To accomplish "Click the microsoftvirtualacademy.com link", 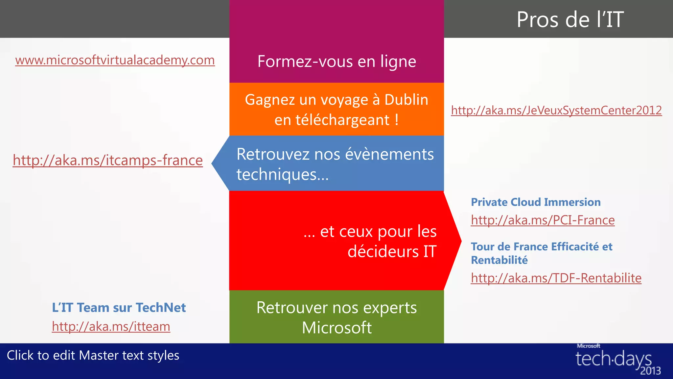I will click(115, 60).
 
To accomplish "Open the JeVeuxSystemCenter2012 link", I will click(556, 110).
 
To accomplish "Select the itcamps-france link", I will click(108, 160).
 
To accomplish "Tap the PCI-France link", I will click(543, 220).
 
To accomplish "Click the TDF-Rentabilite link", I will click(556, 278).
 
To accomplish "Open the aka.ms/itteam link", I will click(111, 326).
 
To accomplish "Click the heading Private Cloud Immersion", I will click(536, 202).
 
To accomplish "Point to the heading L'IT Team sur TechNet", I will click(119, 308).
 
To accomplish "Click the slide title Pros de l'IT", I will click(570, 20).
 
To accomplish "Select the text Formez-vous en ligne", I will click(337, 62).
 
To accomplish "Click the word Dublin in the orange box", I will click(406, 100).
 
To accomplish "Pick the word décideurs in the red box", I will click(383, 252).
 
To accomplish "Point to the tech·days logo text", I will click(613, 359).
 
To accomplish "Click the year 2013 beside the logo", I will click(650, 371).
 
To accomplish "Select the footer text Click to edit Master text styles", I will click(93, 355).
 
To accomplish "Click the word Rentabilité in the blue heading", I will click(499, 260).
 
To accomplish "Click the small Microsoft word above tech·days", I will click(588, 346).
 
